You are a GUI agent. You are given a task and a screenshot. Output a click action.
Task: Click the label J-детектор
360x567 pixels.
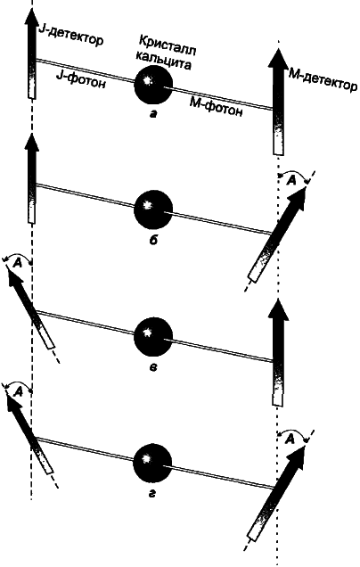(x=70, y=37)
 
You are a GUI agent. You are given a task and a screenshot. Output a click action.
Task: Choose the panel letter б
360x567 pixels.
(x=153, y=239)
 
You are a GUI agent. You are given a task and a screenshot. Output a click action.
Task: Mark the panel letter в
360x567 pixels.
(x=153, y=368)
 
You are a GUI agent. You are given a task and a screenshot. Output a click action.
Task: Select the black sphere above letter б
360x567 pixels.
(x=153, y=210)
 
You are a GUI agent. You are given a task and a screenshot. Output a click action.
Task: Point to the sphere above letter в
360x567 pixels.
(x=153, y=336)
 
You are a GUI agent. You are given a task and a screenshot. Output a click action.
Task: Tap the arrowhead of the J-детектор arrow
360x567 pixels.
(x=33, y=16)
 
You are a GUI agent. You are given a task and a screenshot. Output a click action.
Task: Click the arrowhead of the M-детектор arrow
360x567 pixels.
(x=278, y=58)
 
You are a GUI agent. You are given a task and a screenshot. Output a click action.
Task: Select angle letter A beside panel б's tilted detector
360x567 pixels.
(x=291, y=181)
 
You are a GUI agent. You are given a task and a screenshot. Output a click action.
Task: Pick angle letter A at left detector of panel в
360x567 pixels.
(x=17, y=264)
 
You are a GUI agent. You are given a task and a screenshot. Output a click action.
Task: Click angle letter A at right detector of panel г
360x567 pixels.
(x=290, y=439)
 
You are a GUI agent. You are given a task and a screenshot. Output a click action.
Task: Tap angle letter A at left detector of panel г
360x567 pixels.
(x=17, y=391)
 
